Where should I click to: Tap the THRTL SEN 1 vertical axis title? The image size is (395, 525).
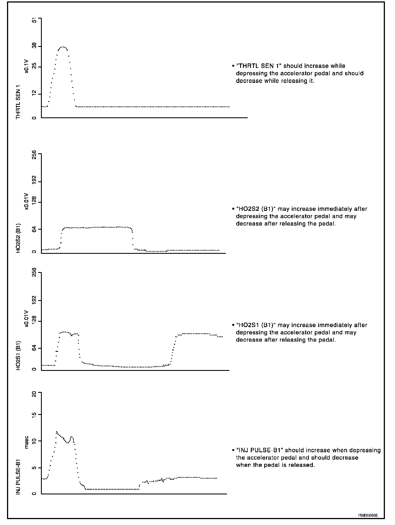coord(19,102)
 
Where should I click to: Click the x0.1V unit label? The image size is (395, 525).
coord(27,66)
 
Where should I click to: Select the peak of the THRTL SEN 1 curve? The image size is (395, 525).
coord(63,47)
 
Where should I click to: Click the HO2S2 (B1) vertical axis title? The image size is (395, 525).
coord(19,238)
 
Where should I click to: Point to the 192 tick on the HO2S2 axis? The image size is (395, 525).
coord(35,182)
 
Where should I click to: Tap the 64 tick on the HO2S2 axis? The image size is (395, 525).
coord(35,229)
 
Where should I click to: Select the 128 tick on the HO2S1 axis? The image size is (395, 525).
coord(35,321)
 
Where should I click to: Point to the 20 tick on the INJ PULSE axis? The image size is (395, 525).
coord(35,394)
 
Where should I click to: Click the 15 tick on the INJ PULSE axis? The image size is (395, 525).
coord(35,415)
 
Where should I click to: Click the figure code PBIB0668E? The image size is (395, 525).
coord(368,515)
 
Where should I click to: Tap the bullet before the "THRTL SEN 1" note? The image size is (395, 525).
coord(233,66)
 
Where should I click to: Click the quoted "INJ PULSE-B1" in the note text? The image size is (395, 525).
coord(259,450)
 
